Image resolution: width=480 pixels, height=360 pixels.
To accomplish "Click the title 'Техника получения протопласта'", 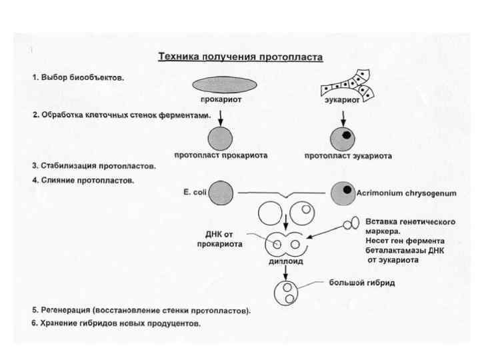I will (x=240, y=57).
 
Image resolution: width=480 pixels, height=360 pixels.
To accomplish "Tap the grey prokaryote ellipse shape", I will (x=224, y=84).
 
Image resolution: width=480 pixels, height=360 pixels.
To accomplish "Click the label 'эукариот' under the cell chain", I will (x=342, y=99).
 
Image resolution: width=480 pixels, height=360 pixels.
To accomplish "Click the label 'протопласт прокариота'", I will (x=221, y=155).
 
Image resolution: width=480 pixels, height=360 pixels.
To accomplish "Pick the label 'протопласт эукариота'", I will (x=349, y=156).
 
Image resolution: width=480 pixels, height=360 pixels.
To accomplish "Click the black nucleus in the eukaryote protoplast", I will (x=346, y=135).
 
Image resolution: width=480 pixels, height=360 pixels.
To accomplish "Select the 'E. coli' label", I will (x=195, y=192).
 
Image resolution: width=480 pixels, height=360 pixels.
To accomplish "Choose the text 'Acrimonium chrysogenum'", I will (x=406, y=193).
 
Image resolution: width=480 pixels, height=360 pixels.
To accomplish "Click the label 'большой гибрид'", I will (x=363, y=283).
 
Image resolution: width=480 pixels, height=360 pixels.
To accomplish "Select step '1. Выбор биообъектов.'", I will (x=78, y=77).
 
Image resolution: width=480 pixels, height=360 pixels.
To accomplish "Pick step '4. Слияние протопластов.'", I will (x=83, y=181).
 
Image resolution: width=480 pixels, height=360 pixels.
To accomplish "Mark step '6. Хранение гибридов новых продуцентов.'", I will (x=116, y=323).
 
